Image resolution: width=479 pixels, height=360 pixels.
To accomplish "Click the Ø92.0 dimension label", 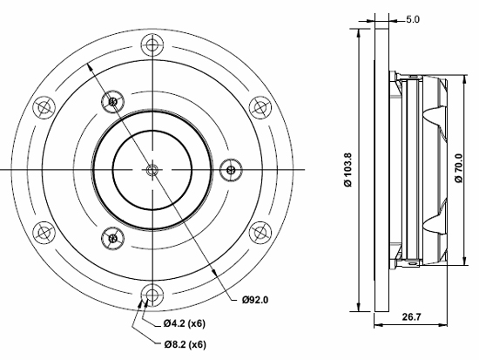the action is tap(255, 300).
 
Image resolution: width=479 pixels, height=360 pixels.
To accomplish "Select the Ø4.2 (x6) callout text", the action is tap(184, 323).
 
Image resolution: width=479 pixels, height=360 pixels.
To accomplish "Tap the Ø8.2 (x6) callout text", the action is tap(185, 344).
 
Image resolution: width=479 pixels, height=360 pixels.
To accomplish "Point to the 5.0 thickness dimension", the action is tap(413, 19).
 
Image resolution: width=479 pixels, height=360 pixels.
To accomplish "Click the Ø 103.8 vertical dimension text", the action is tap(348, 170).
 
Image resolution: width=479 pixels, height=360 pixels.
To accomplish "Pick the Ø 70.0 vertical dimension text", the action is tap(459, 168).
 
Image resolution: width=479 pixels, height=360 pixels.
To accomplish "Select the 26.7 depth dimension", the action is tap(411, 317).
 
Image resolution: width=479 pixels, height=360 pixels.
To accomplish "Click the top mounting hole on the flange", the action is tap(152, 45).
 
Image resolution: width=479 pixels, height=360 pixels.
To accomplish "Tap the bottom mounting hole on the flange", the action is tap(152, 295).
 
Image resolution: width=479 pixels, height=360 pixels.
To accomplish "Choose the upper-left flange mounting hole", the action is tap(44, 107).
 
